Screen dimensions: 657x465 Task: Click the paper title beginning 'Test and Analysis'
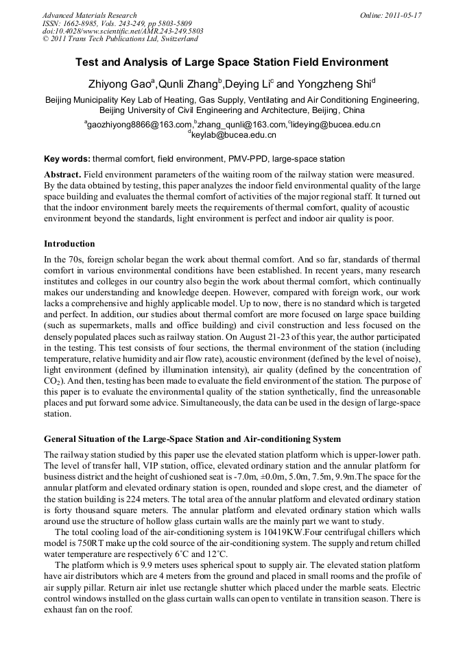(232, 62)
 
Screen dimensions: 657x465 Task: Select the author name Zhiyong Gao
(121, 84)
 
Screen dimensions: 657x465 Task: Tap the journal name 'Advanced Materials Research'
(89, 15)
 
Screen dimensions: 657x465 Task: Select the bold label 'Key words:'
(67, 158)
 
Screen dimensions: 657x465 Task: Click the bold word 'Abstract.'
(63, 175)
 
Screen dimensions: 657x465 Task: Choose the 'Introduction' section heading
(69, 244)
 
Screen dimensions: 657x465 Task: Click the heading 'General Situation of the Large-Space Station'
(192, 438)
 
